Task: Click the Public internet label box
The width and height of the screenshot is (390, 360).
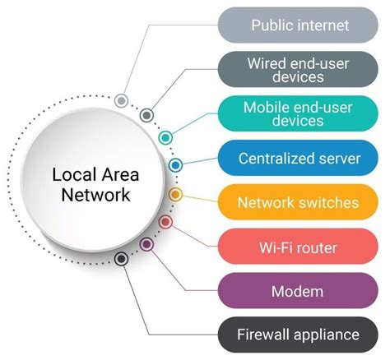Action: click(299, 25)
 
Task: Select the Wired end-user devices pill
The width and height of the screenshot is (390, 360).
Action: click(299, 69)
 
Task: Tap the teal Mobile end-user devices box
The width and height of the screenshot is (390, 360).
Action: click(299, 113)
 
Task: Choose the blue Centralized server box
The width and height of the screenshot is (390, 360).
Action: click(299, 158)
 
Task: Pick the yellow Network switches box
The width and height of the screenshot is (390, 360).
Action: click(299, 202)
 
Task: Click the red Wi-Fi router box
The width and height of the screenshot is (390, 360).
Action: click(299, 247)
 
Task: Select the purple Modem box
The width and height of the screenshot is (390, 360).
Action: click(299, 291)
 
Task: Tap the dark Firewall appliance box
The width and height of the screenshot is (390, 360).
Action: click(299, 335)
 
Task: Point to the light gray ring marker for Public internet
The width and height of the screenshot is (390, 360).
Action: click(121, 101)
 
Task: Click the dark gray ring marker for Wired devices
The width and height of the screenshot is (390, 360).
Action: click(146, 115)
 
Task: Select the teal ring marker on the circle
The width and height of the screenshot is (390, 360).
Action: click(165, 136)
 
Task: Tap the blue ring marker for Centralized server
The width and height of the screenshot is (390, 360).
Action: click(175, 165)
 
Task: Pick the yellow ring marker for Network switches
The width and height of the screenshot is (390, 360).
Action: click(175, 195)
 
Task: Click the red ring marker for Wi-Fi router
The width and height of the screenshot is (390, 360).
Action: click(165, 222)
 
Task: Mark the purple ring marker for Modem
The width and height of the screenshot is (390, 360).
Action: click(146, 244)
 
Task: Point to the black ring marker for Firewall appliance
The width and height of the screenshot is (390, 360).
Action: click(121, 259)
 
